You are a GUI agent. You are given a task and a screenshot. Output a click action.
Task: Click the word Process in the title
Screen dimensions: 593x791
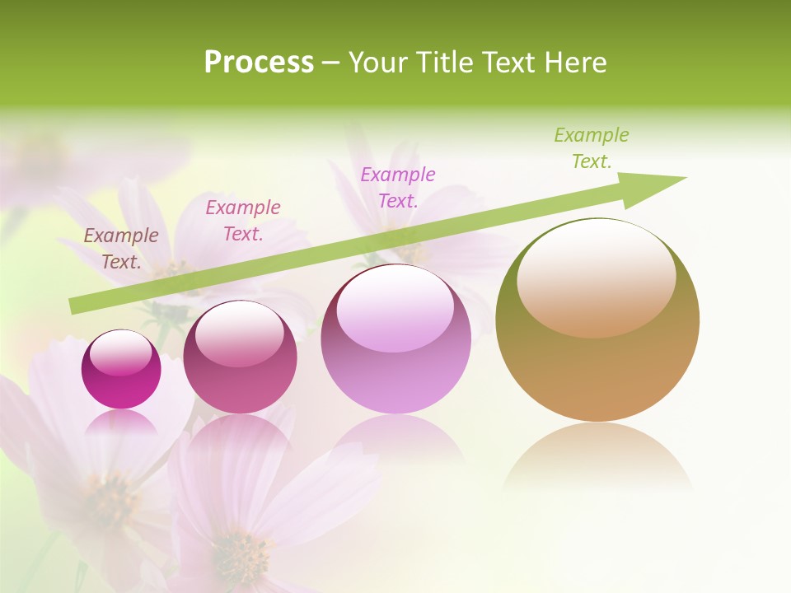[259, 63]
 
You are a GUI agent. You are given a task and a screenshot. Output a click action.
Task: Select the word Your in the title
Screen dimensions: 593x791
[377, 63]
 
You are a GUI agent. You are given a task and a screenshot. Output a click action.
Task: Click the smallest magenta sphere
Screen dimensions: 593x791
[121, 370]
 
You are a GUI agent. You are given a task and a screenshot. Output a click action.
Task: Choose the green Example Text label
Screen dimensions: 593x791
[592, 148]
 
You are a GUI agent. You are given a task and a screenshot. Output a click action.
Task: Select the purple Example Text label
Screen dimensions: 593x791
[398, 187]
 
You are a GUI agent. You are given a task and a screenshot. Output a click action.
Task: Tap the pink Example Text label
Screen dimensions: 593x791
[243, 220]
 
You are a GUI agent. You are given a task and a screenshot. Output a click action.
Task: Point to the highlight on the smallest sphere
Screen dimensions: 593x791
[120, 352]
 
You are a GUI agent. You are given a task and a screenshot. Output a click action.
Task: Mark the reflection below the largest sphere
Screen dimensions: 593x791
[597, 457]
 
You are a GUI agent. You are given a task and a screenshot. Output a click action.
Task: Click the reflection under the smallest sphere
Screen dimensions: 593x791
[121, 422]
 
